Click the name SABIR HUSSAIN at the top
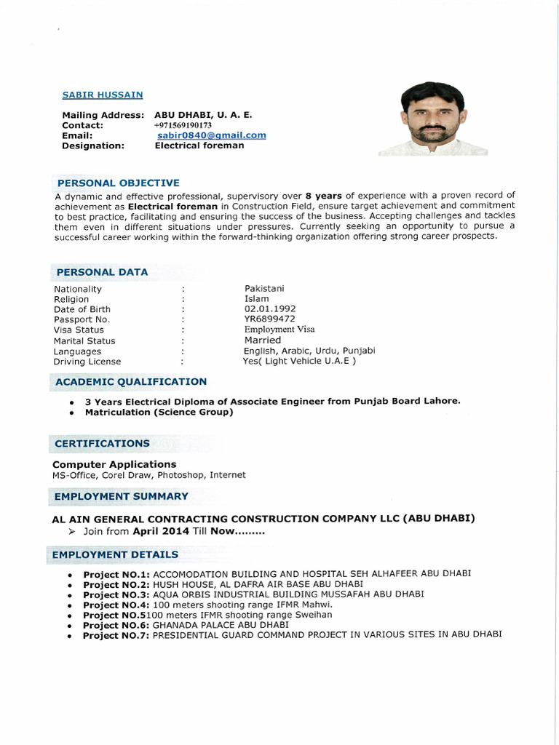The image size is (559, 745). click(103, 95)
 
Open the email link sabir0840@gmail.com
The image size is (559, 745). click(211, 135)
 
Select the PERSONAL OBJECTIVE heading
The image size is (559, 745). click(118, 183)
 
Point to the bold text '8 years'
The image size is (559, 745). click(323, 195)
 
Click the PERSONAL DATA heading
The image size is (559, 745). click(102, 272)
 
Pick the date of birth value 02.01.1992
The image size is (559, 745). click(270, 308)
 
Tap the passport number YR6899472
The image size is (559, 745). click(269, 319)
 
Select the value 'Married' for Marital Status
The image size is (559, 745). click(262, 340)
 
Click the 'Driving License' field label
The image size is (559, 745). click(87, 362)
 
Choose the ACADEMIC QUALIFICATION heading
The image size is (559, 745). click(131, 381)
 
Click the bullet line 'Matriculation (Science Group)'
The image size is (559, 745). click(159, 413)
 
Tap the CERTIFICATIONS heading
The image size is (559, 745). click(102, 443)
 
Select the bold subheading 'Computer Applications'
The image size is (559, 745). click(114, 464)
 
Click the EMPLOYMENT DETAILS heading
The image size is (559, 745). click(115, 554)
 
